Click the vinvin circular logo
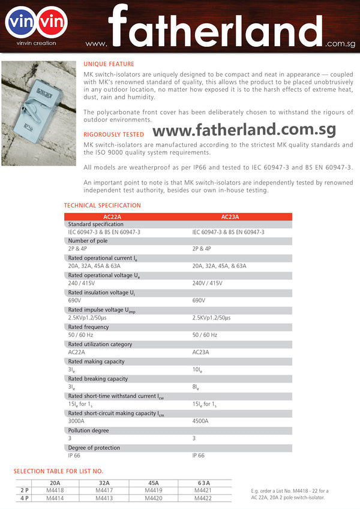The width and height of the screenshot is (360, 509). (x=36, y=22)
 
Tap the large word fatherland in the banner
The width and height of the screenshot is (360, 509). (x=216, y=27)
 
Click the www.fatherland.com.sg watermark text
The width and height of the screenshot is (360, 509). (x=244, y=130)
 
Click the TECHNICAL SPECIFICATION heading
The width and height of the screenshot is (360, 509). (x=103, y=206)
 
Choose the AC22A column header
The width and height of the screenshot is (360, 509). (x=112, y=216)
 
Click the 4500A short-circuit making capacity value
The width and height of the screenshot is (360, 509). (x=200, y=421)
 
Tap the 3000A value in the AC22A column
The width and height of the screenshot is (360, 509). (x=77, y=421)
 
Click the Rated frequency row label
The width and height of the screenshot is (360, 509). (x=88, y=327)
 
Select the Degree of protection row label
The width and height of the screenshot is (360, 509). (x=95, y=448)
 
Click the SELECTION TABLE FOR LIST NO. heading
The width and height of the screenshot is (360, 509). (x=58, y=471)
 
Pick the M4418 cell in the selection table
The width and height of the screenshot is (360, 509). (x=55, y=490)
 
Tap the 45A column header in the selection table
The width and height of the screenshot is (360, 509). (x=154, y=483)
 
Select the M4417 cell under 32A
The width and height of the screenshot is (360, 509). (x=104, y=490)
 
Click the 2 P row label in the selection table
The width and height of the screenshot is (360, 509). (x=24, y=490)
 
